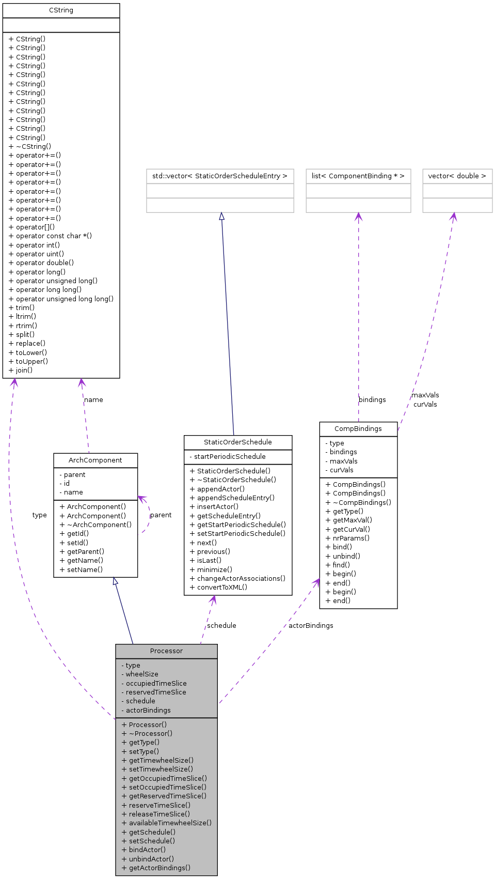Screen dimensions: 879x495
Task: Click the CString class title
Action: pyautogui.click(x=61, y=10)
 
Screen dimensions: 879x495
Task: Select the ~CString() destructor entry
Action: pyautogui.click(x=33, y=146)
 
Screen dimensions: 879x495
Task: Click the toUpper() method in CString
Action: pyautogui.click(x=31, y=361)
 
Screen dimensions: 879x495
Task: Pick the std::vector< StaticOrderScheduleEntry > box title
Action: pyautogui.click(x=220, y=176)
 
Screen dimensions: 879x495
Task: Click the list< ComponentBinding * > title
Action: pyautogui.click(x=358, y=176)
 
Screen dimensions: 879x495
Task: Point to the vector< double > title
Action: pyautogui.click(x=457, y=176)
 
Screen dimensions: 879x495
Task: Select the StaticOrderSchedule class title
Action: pyautogui.click(x=237, y=442)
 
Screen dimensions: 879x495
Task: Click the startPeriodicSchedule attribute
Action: pyautogui.click(x=230, y=457)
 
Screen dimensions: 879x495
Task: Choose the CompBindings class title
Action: pyautogui.click(x=358, y=429)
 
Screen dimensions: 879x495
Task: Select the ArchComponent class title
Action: pyautogui.click(x=95, y=460)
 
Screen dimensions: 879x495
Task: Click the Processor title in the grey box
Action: pyautogui.click(x=166, y=651)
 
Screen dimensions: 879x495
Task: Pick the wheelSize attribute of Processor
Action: pyautogui.click(x=142, y=674)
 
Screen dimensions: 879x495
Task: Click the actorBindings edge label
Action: pyautogui.click(x=311, y=626)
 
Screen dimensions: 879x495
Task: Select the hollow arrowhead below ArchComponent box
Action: pyautogui.click(x=116, y=581)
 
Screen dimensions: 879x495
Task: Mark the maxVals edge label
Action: pyautogui.click(x=425, y=395)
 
